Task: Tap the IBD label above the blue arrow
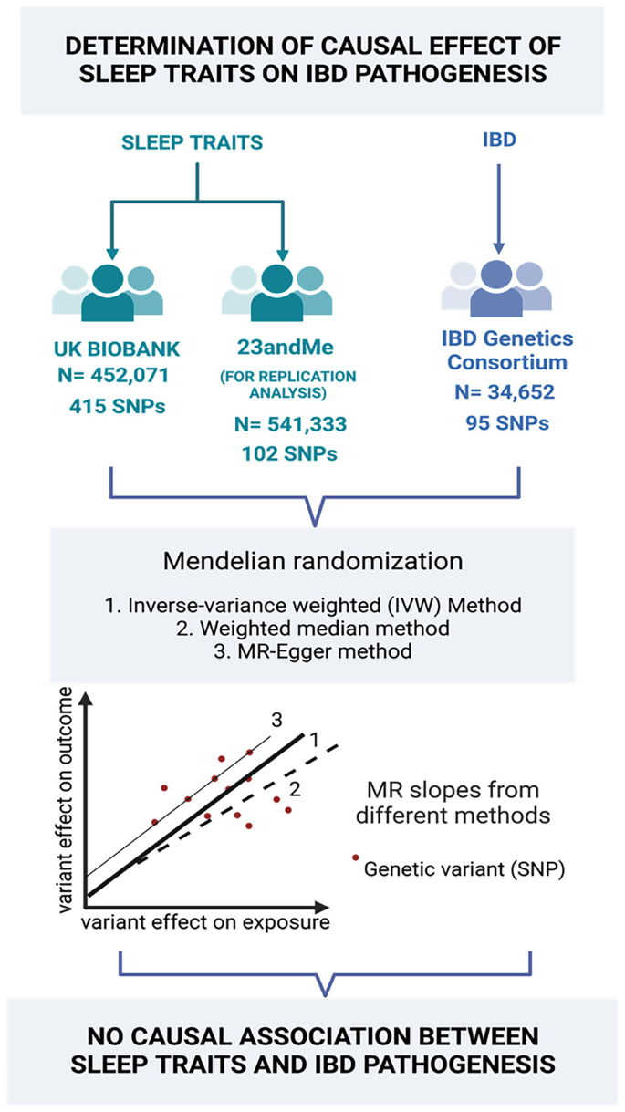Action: click(x=498, y=144)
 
